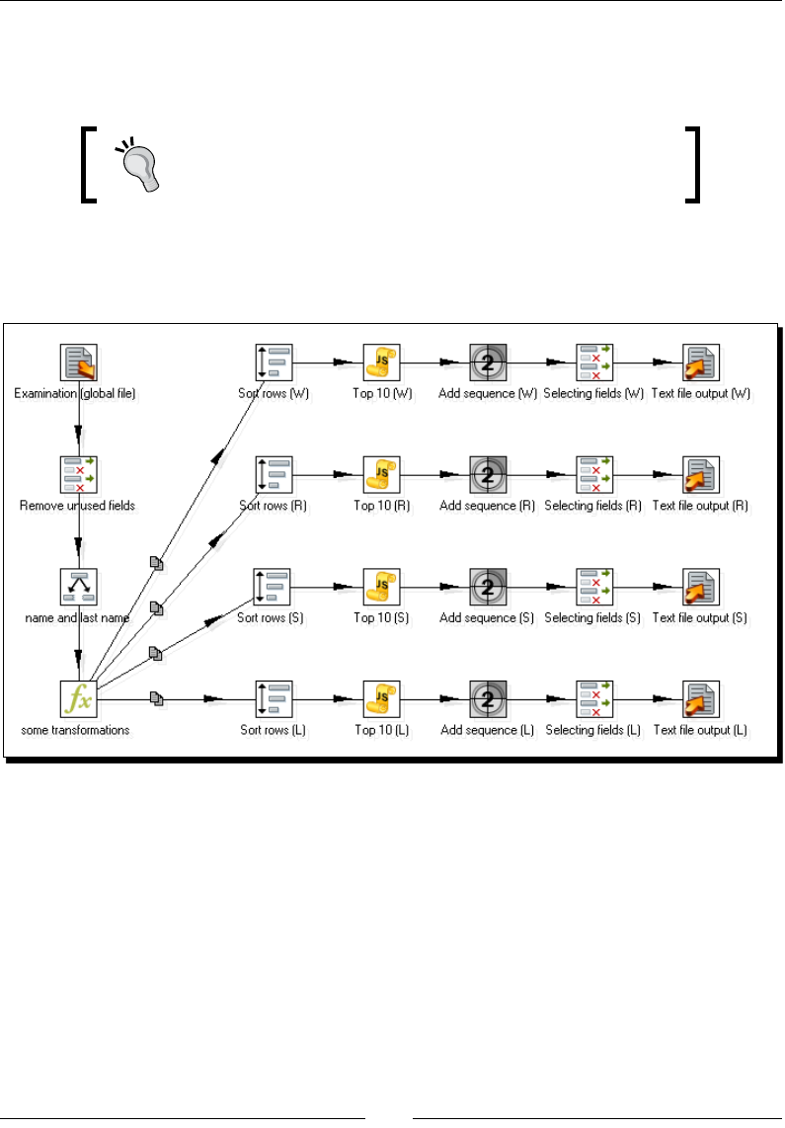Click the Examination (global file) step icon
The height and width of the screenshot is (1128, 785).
pos(78,363)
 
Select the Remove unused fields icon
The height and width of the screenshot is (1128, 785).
pos(78,475)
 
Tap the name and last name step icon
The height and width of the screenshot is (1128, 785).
pos(78,587)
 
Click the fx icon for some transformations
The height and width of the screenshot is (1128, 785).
pos(78,699)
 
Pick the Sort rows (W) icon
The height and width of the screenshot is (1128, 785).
pos(275,363)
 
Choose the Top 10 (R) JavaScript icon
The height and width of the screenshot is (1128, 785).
pos(380,475)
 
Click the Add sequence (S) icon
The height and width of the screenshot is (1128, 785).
pos(488,587)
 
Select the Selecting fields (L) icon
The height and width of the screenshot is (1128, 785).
pos(593,699)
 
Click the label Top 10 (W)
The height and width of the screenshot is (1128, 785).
pos(380,393)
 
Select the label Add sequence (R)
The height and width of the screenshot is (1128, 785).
pos(488,506)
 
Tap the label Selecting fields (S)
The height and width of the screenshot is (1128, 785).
pos(593,618)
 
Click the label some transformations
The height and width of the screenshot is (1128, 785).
pos(75,731)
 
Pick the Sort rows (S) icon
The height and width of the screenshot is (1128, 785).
pos(275,587)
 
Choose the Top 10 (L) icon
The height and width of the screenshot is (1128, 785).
pos(380,699)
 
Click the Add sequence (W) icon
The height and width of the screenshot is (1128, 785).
pos(488,363)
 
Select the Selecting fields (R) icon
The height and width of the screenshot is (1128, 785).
pos(593,475)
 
